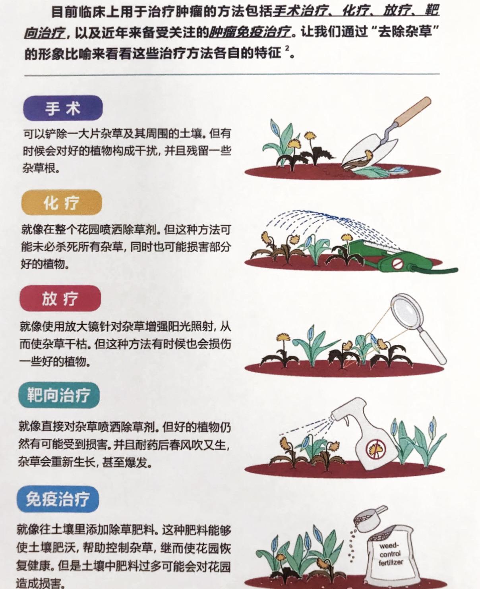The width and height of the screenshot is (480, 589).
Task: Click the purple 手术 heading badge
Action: [63, 108]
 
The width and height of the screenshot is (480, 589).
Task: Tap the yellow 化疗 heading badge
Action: [62, 203]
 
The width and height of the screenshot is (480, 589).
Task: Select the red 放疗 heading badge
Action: [60, 298]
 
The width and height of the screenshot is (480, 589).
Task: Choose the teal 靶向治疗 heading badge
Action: [59, 396]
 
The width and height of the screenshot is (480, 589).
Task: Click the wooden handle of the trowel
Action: [412, 111]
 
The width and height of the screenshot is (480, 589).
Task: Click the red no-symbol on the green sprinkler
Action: [398, 264]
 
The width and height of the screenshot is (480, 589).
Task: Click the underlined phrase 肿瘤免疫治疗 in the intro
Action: [250, 32]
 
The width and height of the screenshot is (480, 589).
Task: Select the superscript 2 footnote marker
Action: [287, 48]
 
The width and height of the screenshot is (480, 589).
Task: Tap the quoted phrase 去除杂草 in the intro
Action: [404, 32]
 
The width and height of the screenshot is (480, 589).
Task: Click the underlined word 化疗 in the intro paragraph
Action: [356, 12]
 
